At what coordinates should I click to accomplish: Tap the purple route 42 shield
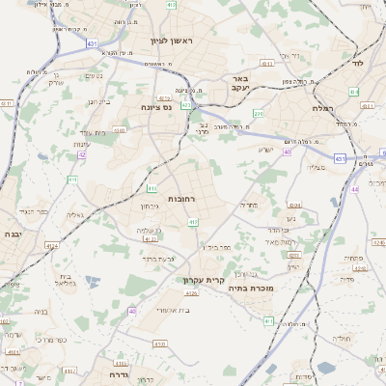(82, 154)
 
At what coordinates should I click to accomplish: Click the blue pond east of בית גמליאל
(93, 281)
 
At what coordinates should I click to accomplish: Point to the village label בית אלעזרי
(175, 308)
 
